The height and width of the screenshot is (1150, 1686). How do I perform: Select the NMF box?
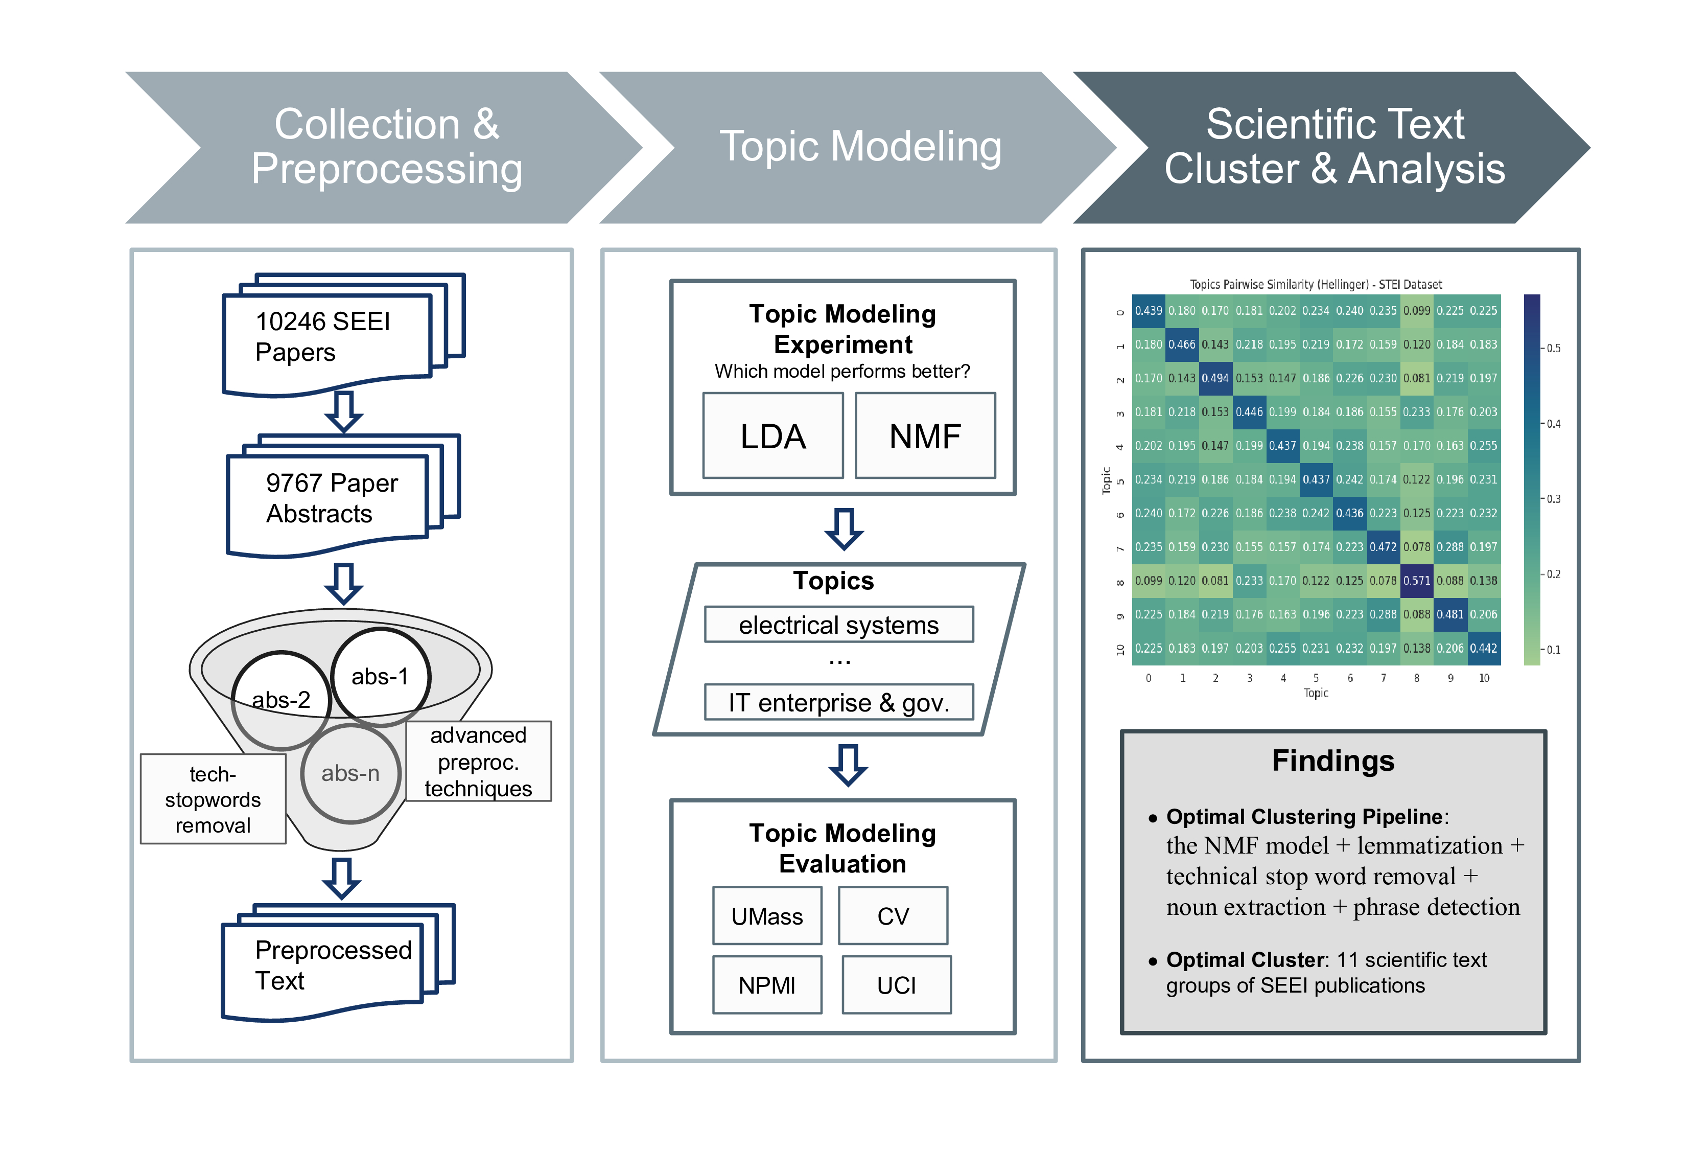tap(925, 436)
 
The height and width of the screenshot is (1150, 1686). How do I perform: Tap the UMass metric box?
tap(767, 916)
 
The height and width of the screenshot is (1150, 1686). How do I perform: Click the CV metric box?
tap(893, 916)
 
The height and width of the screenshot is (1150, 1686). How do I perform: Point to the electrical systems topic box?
tap(838, 625)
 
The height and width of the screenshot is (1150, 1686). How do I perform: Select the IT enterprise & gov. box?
tap(838, 702)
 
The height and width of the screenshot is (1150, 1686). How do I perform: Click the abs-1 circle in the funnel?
tap(380, 677)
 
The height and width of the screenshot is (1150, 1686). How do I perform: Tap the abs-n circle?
tap(350, 773)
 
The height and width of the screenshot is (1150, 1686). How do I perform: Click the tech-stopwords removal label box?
tap(213, 799)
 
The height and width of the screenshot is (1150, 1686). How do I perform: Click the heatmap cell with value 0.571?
tap(1416, 581)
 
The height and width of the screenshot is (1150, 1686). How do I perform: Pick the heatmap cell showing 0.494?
tap(1215, 378)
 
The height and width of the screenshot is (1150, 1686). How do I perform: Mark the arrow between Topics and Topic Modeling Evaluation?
tap(848, 765)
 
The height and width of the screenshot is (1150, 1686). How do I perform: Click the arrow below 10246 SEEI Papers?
tap(343, 411)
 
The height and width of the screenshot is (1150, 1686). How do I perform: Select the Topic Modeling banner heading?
tap(860, 147)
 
